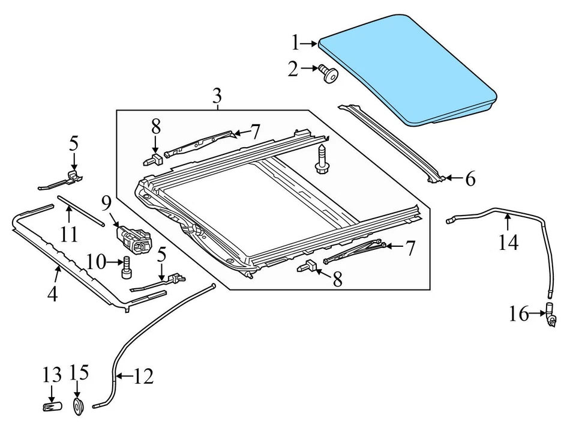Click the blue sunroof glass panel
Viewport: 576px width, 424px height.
(408, 66)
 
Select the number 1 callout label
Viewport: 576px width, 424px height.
(295, 43)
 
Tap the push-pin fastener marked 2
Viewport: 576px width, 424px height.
(329, 74)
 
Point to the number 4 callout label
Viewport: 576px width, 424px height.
(53, 294)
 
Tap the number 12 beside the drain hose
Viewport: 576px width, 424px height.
(143, 377)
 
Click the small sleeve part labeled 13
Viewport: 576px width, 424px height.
(52, 407)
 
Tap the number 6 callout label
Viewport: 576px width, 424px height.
(469, 178)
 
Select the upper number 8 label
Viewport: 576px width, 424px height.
(156, 126)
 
